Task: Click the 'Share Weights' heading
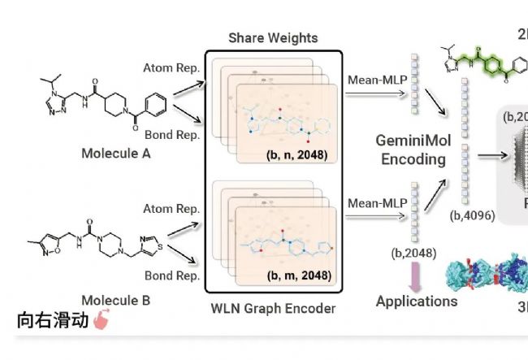(273, 38)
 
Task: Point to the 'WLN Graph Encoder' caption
(274, 308)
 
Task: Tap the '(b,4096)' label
(472, 216)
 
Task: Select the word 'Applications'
(417, 301)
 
